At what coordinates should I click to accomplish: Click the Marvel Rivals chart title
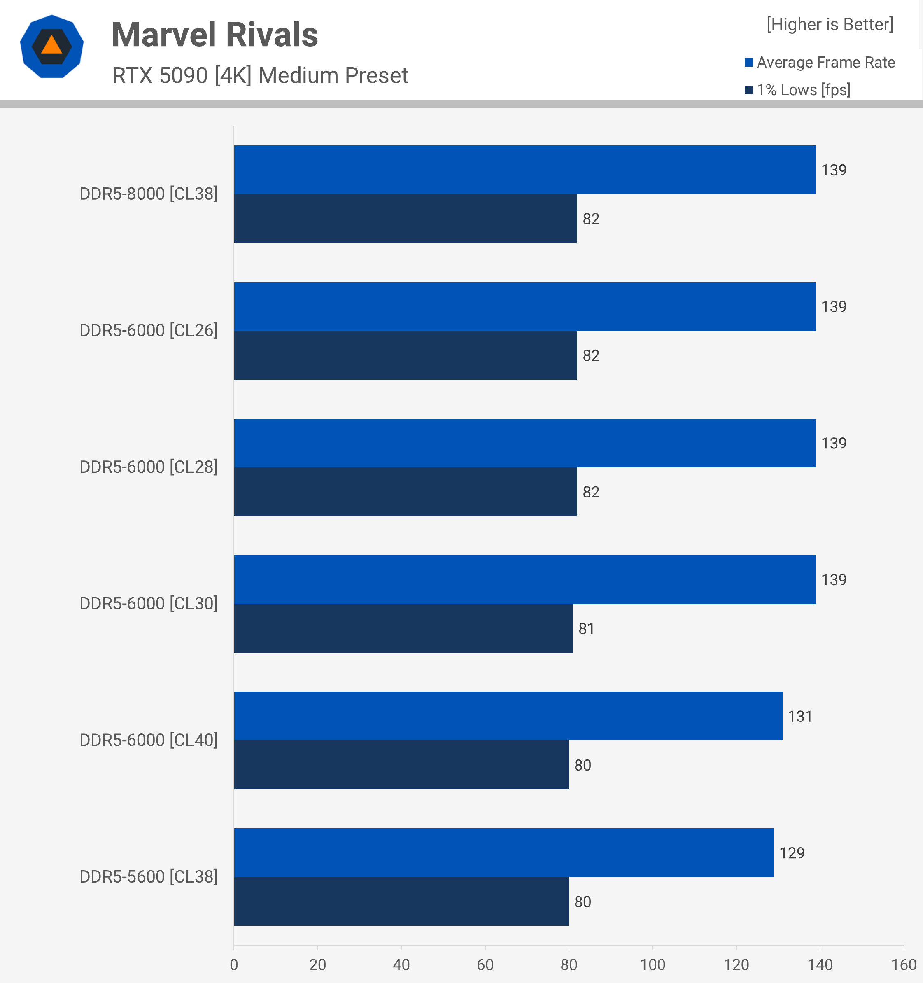tap(214, 35)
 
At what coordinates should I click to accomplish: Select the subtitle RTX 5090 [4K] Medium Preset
tap(260, 76)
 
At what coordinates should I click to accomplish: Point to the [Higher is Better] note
tap(830, 24)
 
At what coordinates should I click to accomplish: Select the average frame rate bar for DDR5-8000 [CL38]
tap(524, 170)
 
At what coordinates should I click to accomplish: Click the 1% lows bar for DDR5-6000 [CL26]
tap(406, 355)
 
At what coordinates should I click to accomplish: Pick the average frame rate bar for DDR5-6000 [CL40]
tap(508, 716)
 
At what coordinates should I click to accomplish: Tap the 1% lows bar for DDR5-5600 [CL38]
tap(401, 901)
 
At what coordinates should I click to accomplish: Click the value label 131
tap(800, 717)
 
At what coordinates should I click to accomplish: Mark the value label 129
tap(792, 853)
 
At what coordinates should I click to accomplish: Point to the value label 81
tap(586, 628)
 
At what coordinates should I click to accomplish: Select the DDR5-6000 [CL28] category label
tap(148, 467)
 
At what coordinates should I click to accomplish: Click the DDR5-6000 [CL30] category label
tap(148, 603)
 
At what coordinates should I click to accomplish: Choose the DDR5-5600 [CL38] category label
tap(148, 877)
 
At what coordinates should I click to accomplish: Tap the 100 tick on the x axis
tap(652, 964)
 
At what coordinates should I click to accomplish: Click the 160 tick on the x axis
tap(903, 964)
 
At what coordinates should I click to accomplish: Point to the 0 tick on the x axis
tap(234, 964)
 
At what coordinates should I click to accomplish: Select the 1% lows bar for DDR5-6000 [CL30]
tap(403, 628)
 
